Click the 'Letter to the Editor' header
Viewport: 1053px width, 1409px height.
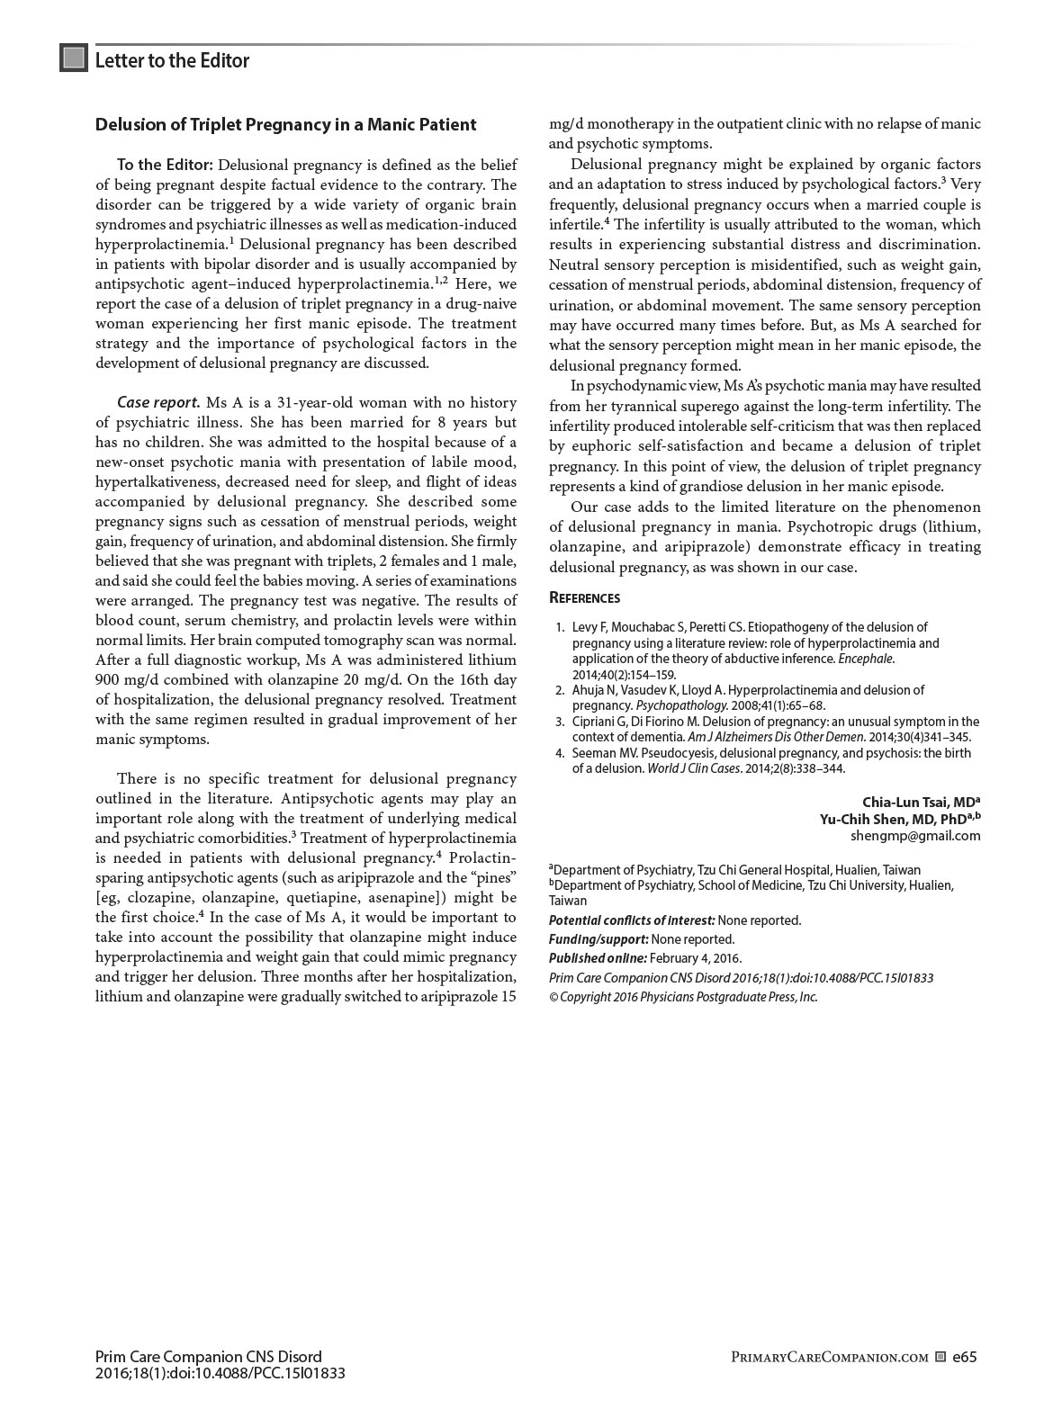click(x=172, y=60)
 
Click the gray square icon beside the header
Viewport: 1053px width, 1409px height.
click(x=74, y=58)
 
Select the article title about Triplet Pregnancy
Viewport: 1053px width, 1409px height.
click(x=285, y=125)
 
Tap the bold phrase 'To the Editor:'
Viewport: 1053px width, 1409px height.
click(x=165, y=165)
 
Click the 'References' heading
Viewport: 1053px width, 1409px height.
click(x=584, y=598)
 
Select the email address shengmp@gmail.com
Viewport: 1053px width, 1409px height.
click(x=915, y=836)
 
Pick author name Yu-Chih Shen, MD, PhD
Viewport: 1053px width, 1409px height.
click(x=896, y=819)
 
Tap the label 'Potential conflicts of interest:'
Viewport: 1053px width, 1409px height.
click(x=632, y=920)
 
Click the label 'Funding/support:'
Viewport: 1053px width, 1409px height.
click(x=598, y=939)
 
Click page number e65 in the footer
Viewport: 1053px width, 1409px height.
click(x=965, y=1357)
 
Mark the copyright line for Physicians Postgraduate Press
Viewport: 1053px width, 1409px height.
click(x=683, y=997)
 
